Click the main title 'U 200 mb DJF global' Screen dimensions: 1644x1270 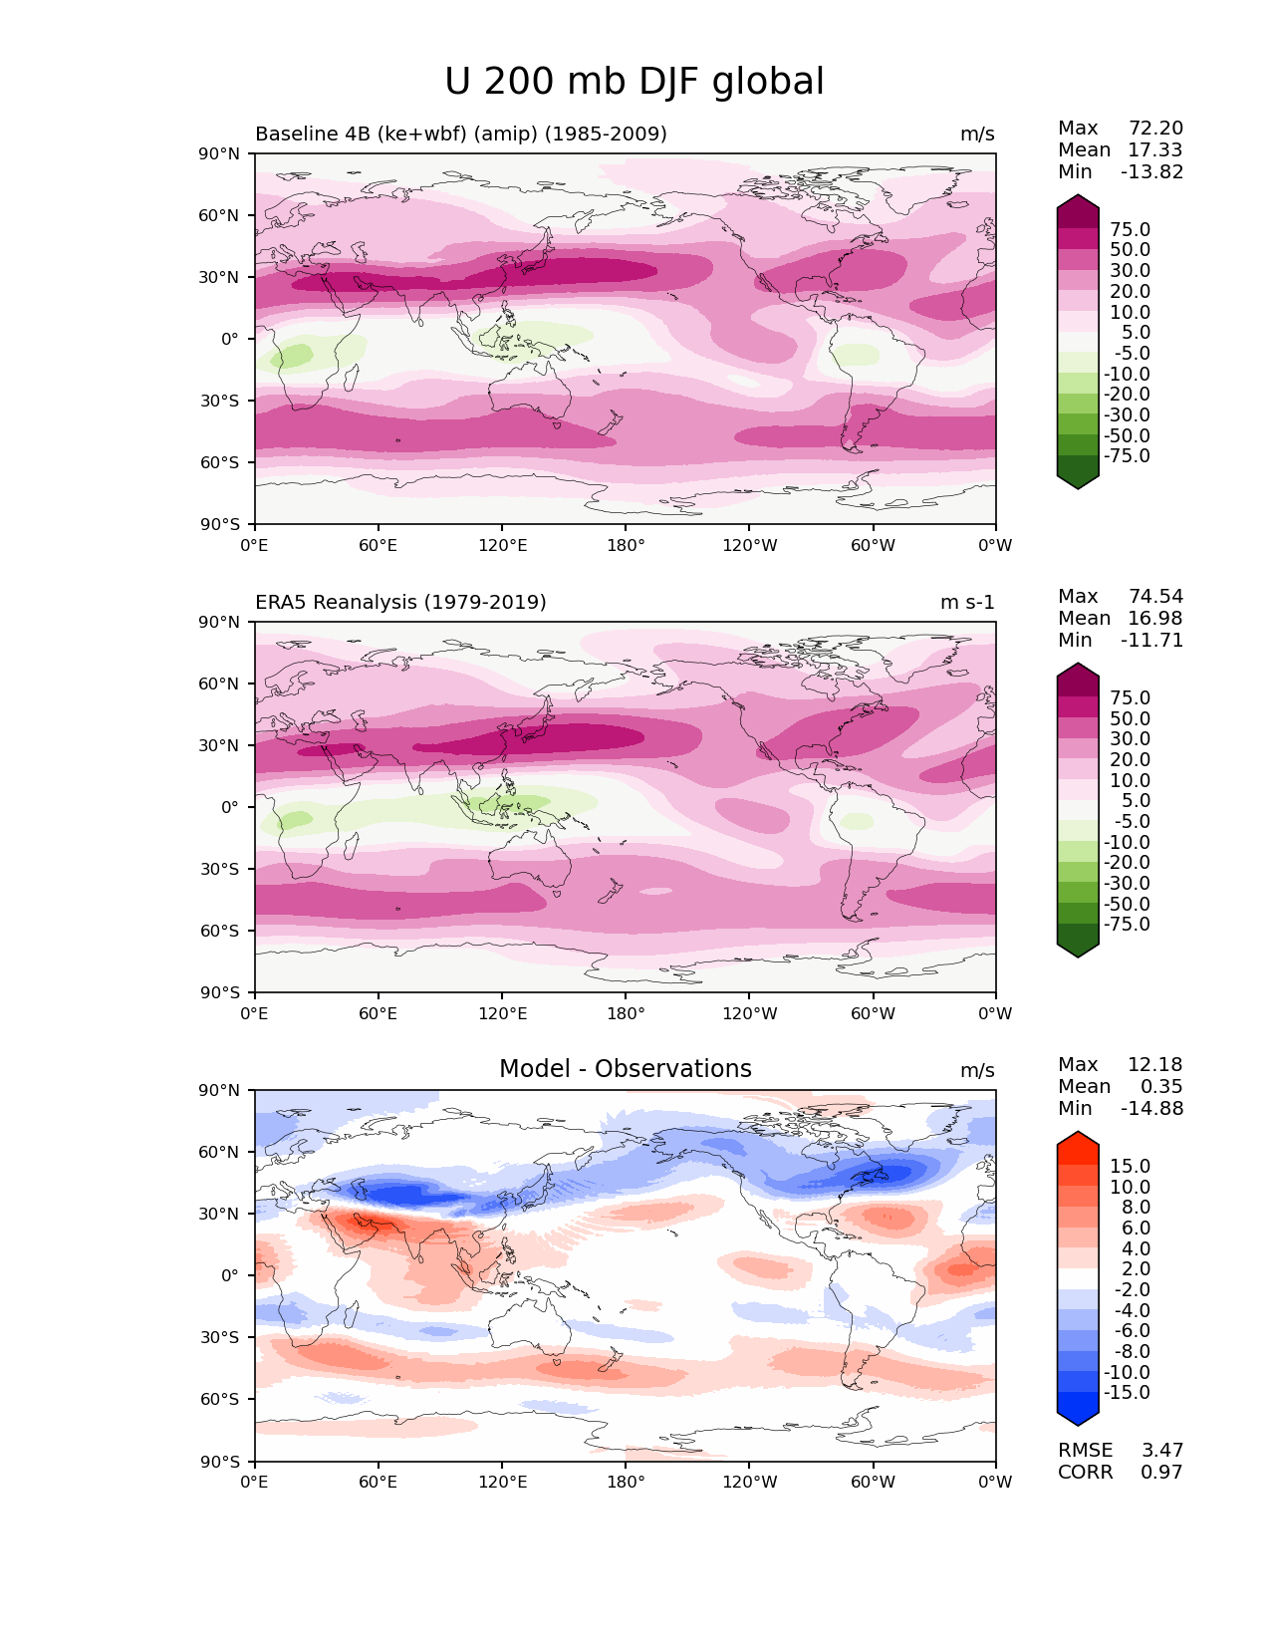[x=635, y=82]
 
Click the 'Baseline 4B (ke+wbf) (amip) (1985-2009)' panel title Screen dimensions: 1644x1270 [x=461, y=134]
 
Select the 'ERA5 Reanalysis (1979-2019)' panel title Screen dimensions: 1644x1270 [x=400, y=602]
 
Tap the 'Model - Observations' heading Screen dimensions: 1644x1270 [x=625, y=1069]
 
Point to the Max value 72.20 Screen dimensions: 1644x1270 [x=1155, y=128]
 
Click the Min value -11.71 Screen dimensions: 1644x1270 [x=1151, y=640]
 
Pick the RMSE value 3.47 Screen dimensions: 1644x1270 [x=1161, y=1450]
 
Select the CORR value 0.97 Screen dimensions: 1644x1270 [x=1161, y=1472]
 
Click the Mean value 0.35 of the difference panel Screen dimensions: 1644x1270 [x=1161, y=1086]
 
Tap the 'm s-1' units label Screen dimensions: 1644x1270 [x=967, y=602]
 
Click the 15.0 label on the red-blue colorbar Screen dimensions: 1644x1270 [x=1131, y=1166]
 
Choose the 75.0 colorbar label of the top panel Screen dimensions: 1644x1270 [x=1131, y=229]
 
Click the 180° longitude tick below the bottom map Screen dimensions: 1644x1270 [x=626, y=1482]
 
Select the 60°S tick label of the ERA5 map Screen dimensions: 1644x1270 [x=220, y=931]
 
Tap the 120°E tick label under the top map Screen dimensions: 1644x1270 [x=502, y=545]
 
